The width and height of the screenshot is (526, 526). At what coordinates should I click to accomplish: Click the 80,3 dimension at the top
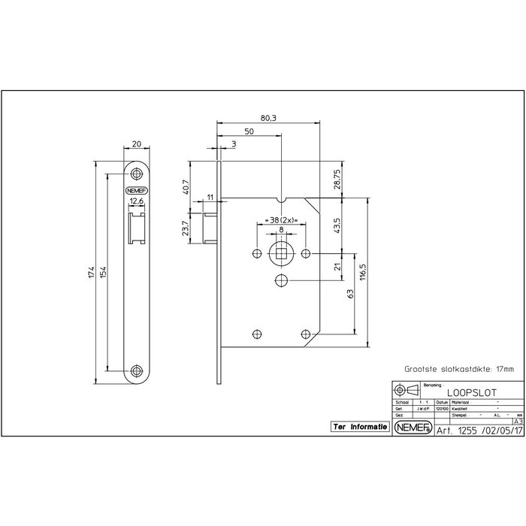[x=269, y=117]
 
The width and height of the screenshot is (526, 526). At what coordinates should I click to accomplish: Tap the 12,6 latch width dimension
[x=137, y=201]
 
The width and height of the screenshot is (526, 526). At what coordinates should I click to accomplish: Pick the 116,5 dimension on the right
[x=362, y=271]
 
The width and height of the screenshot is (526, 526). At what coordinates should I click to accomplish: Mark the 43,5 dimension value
[x=337, y=225]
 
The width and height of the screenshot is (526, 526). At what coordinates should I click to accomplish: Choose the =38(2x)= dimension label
[x=280, y=222]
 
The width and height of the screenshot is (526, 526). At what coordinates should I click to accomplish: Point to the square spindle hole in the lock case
[x=281, y=253]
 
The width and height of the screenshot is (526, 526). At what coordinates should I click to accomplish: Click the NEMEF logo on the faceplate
[x=137, y=191]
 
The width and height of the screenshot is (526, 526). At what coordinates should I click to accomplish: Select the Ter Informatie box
[x=360, y=426]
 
